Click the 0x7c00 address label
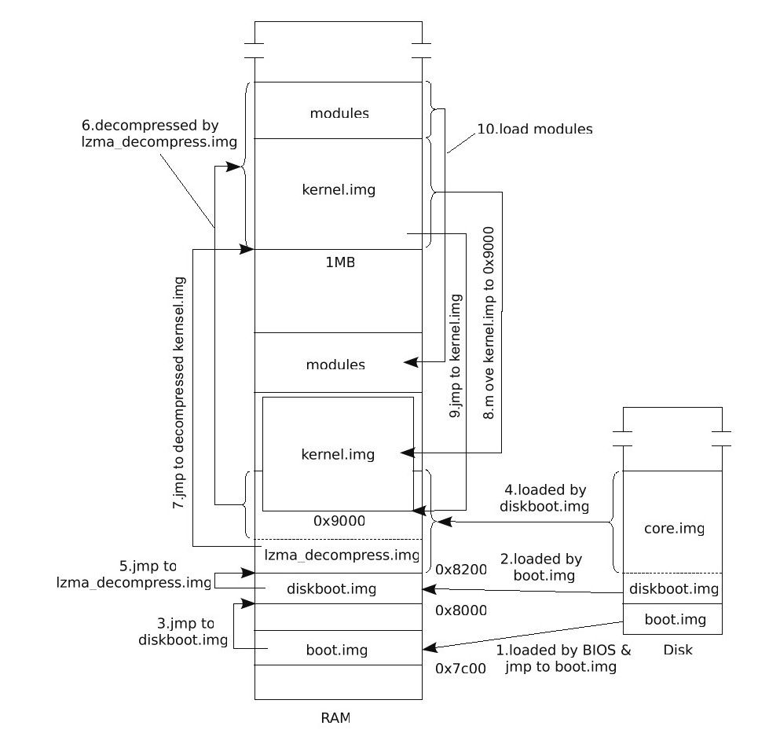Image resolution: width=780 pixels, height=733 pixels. click(461, 669)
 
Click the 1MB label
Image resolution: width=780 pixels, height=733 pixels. click(340, 262)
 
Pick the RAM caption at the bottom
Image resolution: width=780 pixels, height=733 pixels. click(336, 717)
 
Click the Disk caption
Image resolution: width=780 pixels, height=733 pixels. click(678, 650)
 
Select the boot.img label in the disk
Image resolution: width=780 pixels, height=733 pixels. click(675, 619)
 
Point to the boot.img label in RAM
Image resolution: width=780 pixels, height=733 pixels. click(337, 651)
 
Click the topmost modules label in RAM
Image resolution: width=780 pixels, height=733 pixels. click(339, 113)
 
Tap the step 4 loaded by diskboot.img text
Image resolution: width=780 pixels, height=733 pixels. click(544, 497)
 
